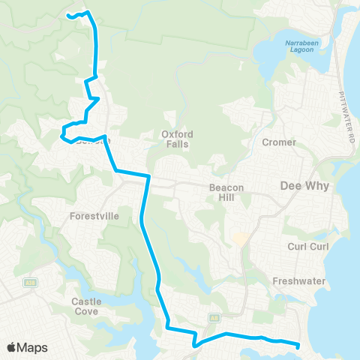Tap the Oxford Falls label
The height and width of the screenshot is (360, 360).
click(178, 139)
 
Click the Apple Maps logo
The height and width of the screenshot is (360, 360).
click(26, 347)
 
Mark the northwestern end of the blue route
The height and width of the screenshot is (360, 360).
click(69, 15)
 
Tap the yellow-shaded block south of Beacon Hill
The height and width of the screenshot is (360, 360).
click(239, 239)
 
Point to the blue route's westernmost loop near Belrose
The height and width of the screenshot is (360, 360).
click(62, 135)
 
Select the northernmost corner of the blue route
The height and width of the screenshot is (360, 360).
click(88, 12)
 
